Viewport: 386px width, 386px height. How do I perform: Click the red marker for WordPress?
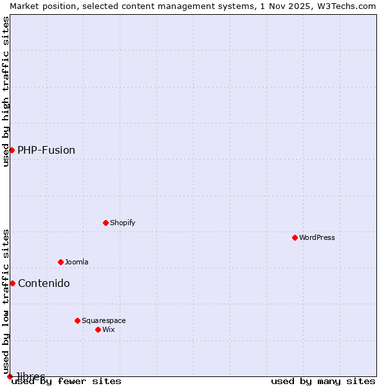(x=295, y=237)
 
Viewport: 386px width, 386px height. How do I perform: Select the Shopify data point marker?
(x=106, y=223)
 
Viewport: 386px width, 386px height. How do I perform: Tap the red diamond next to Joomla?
(x=60, y=262)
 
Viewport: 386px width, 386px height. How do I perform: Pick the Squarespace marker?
(x=77, y=320)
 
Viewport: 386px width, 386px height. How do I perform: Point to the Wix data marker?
(x=98, y=329)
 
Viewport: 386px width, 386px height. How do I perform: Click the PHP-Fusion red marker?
(x=12, y=150)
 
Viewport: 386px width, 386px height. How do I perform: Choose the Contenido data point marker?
(x=12, y=283)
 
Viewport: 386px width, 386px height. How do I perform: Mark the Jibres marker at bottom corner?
(x=10, y=376)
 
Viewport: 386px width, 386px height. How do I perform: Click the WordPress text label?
(x=317, y=237)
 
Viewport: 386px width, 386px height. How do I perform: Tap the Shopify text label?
(x=122, y=223)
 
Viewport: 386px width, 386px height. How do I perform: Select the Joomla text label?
(x=77, y=262)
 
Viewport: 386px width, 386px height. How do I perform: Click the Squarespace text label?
(x=104, y=320)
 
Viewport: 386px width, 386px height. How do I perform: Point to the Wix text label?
(x=108, y=329)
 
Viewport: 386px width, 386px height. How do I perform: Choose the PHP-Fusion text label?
(x=46, y=150)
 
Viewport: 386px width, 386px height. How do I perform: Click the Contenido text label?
(x=44, y=283)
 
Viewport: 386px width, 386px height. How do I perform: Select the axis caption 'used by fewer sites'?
(x=66, y=381)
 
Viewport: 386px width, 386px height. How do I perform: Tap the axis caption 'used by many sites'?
(x=323, y=381)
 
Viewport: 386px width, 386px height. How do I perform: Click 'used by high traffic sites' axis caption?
(x=6, y=91)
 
